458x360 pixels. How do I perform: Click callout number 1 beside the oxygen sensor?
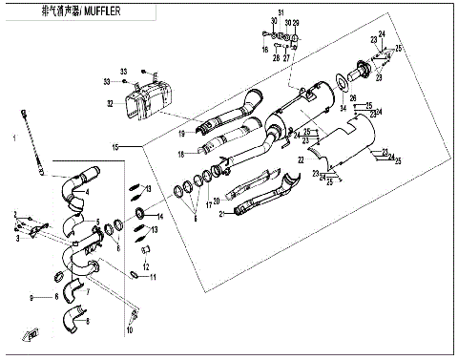(13, 138)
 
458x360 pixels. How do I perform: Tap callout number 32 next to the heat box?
(112, 103)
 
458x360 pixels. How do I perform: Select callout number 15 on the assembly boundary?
(113, 148)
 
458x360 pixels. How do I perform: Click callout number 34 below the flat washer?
(344, 109)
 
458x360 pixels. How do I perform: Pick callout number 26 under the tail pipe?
(352, 98)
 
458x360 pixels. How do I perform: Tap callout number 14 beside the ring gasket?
(160, 218)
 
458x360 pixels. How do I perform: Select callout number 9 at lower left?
(32, 298)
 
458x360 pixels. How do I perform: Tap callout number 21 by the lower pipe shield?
(221, 215)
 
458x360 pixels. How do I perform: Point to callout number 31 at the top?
(281, 11)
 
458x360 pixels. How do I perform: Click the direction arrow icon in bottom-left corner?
(32, 333)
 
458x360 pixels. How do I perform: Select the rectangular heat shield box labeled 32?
(156, 98)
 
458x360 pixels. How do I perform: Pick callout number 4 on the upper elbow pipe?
(88, 192)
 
